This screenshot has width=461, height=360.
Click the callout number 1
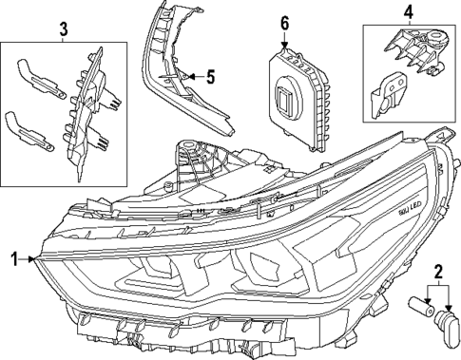tap(14, 257)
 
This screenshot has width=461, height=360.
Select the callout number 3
tap(63, 29)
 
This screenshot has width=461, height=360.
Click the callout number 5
tap(212, 75)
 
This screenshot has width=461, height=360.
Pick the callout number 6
tap(284, 22)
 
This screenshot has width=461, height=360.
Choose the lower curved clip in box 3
tap(31, 130)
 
